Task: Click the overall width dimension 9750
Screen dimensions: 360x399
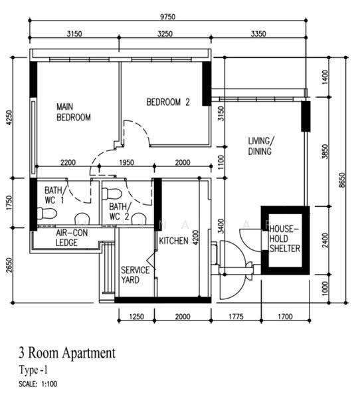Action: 167,17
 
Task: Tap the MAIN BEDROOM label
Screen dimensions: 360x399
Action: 74,112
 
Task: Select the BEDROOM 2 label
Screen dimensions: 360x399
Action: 168,102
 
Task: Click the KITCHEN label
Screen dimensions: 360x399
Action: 173,241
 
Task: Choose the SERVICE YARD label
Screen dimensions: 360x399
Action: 135,275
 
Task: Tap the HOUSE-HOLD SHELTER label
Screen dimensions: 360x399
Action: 285,239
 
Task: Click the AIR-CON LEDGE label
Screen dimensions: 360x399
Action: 72,237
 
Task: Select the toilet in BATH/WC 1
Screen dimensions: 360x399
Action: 46,213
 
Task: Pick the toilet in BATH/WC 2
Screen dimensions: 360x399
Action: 112,194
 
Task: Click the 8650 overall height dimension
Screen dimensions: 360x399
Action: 343,180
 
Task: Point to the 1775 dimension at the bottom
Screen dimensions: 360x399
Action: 236,317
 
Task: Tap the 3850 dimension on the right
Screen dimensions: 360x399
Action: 325,152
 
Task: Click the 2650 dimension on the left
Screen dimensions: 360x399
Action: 9,265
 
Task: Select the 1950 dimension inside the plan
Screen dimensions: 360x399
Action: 126,162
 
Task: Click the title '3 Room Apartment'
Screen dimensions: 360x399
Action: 67,352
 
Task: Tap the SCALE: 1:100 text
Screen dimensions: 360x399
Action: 38,384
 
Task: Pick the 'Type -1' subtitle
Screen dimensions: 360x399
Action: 33,370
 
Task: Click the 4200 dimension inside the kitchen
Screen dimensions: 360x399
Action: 195,237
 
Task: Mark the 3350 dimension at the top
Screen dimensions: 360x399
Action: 258,34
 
